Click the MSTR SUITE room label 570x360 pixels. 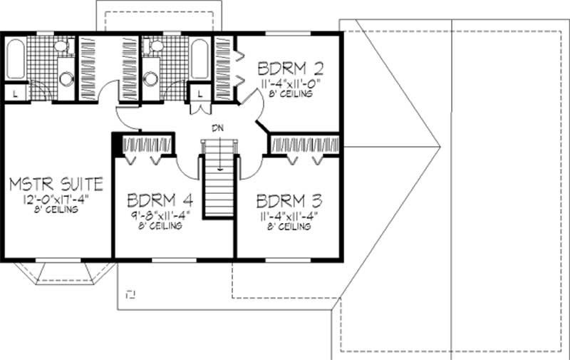(56, 185)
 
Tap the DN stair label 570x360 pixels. (219, 129)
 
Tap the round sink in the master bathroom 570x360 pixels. (66, 78)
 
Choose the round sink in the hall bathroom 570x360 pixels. (151, 78)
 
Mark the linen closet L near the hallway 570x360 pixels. (199, 93)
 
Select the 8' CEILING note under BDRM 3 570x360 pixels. (289, 227)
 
